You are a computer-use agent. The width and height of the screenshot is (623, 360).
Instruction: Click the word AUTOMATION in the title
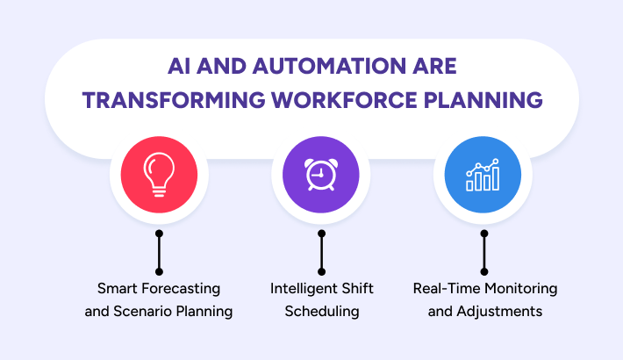329,66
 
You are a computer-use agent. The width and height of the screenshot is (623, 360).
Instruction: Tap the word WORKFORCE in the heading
344,100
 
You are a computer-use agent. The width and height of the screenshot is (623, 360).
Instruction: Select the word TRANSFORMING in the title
174,100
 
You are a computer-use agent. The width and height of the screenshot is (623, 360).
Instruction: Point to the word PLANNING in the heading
483,100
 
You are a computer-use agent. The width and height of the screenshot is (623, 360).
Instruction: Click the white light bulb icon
159,175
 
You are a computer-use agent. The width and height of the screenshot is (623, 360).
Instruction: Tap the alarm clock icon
321,174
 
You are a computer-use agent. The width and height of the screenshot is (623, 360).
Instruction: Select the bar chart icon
483,175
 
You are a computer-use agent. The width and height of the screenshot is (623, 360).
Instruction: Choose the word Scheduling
322,312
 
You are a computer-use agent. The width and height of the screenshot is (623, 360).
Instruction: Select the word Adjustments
499,312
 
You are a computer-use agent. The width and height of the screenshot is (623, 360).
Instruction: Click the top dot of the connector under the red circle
159,234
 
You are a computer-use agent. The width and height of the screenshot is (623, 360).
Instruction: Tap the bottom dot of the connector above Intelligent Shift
321,271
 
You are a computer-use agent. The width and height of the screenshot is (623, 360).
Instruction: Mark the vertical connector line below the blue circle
484,253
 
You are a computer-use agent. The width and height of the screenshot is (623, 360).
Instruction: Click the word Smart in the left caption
118,288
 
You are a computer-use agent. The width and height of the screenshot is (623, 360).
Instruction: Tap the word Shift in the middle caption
358,288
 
